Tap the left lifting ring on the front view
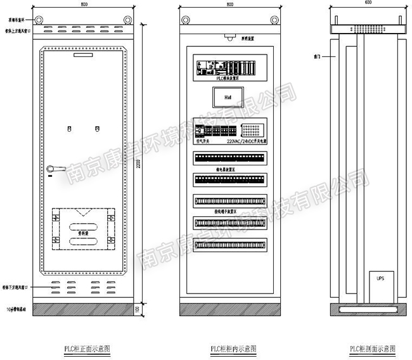click(x=39, y=19)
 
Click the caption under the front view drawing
click(x=86, y=349)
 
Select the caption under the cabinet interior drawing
click(x=229, y=349)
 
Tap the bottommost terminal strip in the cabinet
click(x=229, y=243)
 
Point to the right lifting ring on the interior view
click(x=274, y=19)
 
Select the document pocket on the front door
click(x=86, y=227)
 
